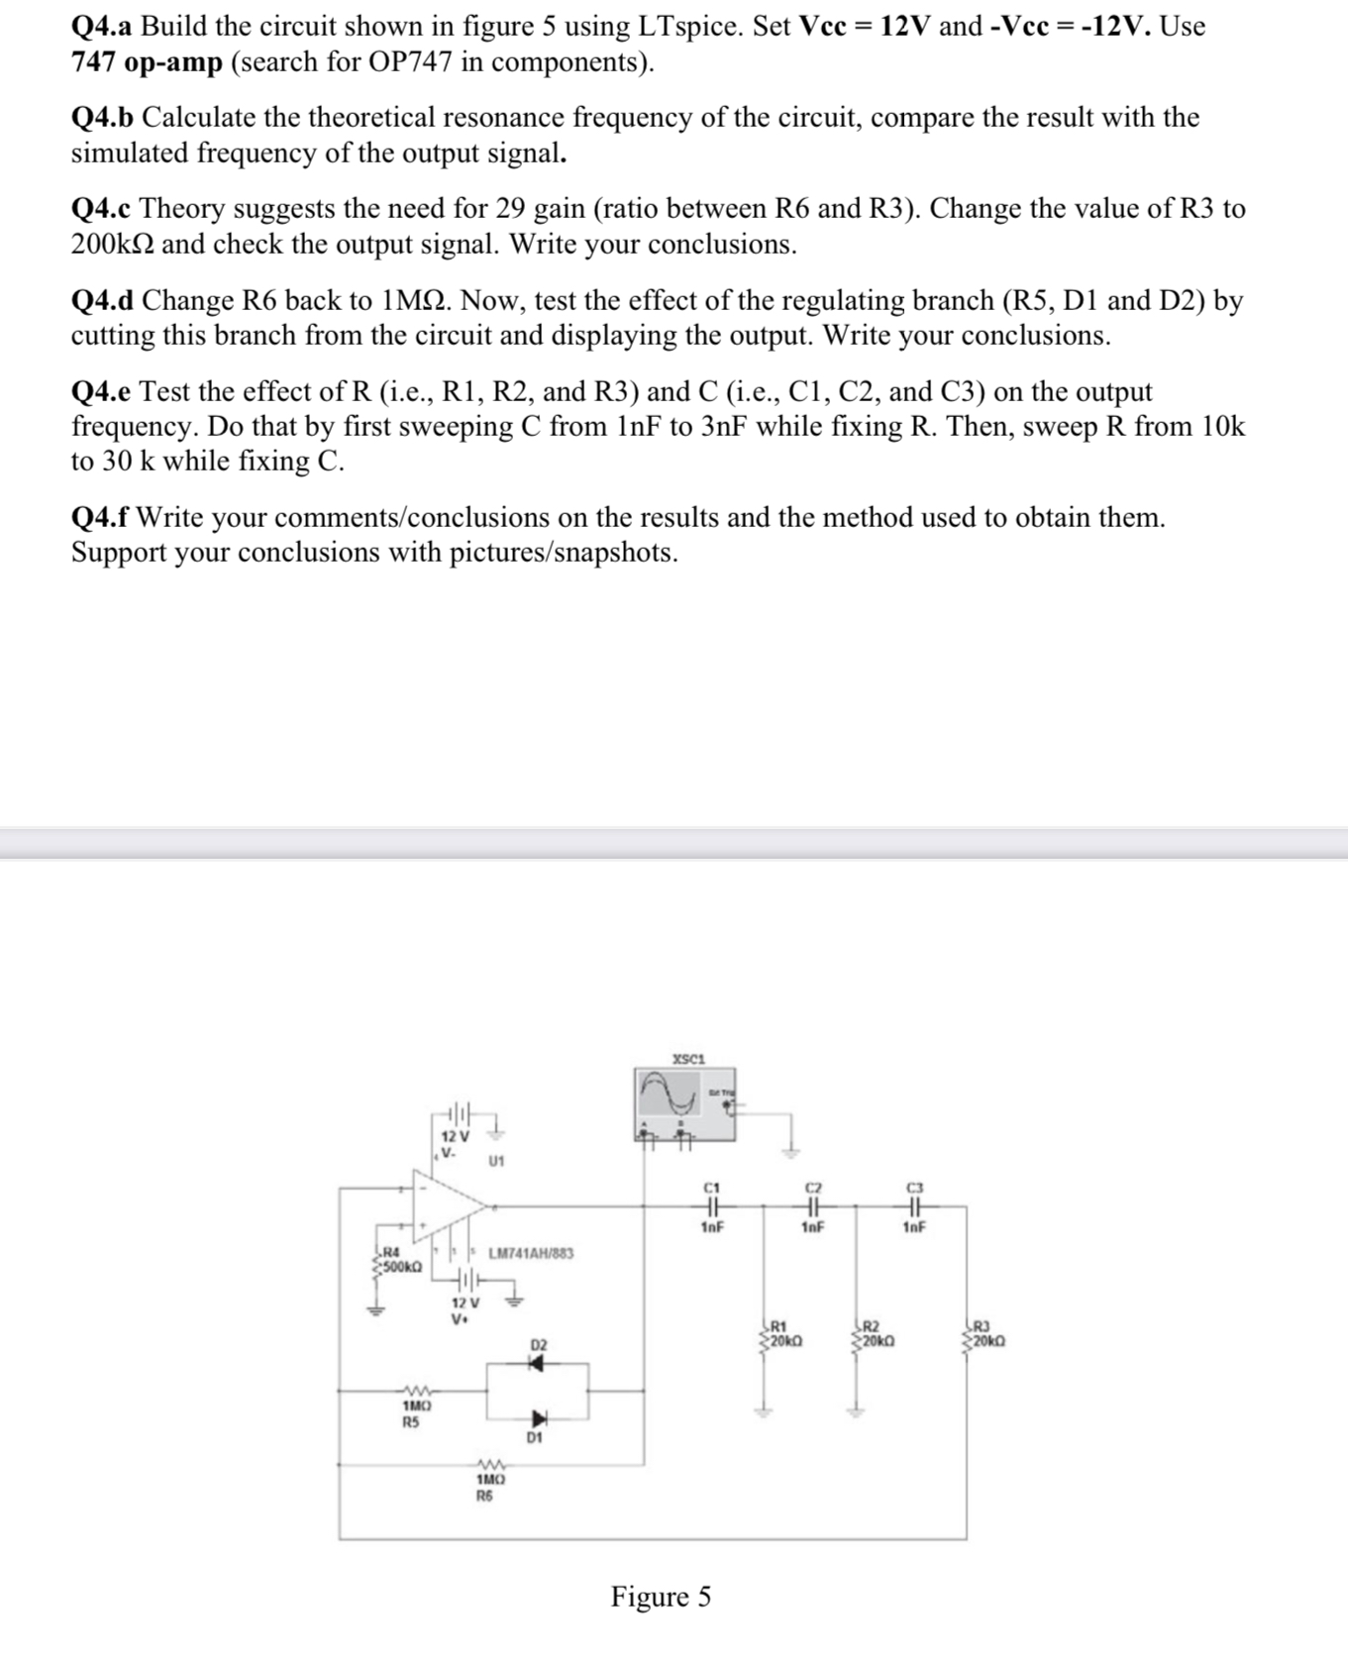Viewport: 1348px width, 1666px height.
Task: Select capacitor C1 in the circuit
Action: tap(712, 1206)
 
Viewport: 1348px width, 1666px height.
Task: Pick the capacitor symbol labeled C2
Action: tap(813, 1206)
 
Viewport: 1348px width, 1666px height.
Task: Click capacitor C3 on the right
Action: tap(914, 1206)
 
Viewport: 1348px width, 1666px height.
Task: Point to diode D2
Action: tap(536, 1364)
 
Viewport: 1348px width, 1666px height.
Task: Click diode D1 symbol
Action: tap(539, 1418)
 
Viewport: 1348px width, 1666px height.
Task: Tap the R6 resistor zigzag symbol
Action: tap(490, 1465)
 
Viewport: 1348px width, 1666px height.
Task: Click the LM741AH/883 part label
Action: tap(531, 1253)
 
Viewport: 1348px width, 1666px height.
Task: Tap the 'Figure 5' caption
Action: tap(661, 1597)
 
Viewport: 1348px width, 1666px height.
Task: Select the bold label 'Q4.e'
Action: tap(101, 392)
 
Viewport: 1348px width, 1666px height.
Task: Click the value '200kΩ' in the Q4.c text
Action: tap(112, 245)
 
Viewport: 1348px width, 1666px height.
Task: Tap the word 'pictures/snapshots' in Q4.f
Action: tap(565, 553)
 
